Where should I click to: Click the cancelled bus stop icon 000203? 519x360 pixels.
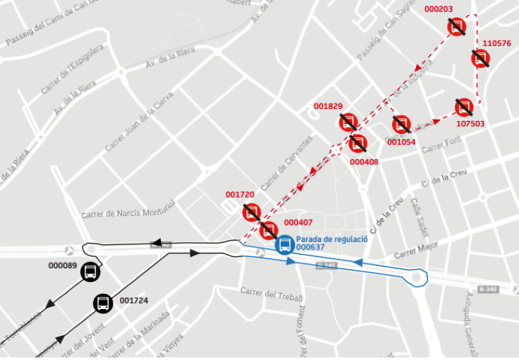pyautogui.click(x=457, y=28)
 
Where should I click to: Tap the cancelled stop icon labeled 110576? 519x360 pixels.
pyautogui.click(x=480, y=58)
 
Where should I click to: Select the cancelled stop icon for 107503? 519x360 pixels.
pyautogui.click(x=464, y=107)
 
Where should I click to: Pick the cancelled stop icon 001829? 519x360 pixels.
pyautogui.click(x=348, y=122)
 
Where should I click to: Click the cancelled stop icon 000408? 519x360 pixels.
pyautogui.click(x=358, y=143)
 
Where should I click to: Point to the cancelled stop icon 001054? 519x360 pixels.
pyautogui.click(x=401, y=124)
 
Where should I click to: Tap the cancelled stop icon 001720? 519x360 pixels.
pyautogui.click(x=252, y=212)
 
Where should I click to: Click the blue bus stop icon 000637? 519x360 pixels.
pyautogui.click(x=285, y=245)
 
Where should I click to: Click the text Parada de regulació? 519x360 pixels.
pyautogui.click(x=331, y=238)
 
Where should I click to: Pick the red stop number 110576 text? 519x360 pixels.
pyautogui.click(x=496, y=44)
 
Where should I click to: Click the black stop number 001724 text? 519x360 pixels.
pyautogui.click(x=135, y=301)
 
